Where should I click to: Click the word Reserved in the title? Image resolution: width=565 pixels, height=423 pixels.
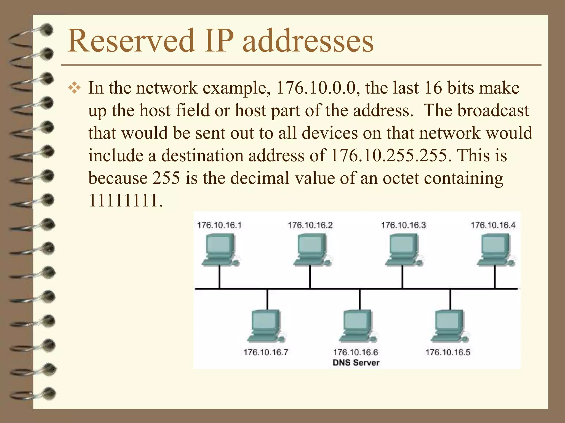131,41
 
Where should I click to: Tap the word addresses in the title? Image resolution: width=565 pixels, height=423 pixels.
308,41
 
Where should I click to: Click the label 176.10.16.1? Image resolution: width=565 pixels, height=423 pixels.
219,225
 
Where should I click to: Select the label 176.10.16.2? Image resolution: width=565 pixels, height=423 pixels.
310,225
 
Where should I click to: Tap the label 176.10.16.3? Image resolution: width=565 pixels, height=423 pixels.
403,225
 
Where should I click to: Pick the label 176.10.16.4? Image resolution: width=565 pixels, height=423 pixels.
493,225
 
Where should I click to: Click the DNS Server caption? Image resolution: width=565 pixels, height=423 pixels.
356,362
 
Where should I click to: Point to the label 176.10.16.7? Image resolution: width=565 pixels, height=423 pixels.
266,352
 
